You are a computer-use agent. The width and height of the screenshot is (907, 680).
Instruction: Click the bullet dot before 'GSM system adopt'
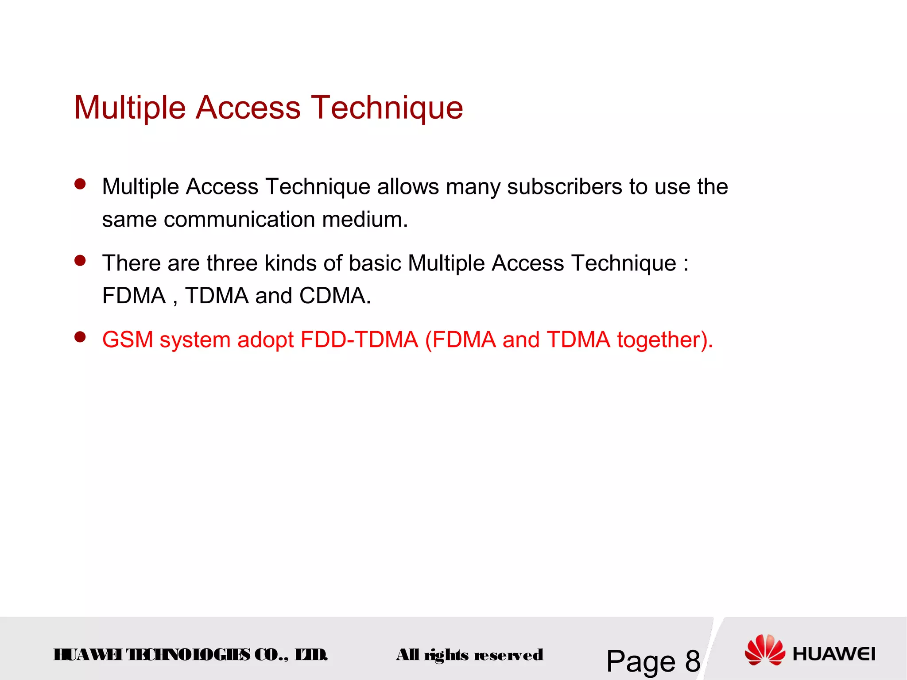(x=80, y=338)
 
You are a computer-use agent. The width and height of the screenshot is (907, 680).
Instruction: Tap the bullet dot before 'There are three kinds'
(x=80, y=261)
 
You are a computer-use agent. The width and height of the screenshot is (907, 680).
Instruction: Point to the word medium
(x=365, y=220)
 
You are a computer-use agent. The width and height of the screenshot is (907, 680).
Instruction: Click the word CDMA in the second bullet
(x=335, y=296)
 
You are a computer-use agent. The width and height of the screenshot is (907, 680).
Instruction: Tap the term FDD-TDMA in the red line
(x=359, y=340)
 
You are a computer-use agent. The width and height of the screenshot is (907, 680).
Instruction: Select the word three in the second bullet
(x=232, y=263)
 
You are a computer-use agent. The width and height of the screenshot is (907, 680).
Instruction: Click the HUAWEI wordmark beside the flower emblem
(x=834, y=654)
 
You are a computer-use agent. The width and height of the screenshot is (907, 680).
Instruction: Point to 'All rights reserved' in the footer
(x=469, y=655)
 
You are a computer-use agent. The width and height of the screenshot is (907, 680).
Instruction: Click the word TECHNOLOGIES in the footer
(x=188, y=655)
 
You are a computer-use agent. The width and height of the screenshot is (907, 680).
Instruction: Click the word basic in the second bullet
(x=375, y=263)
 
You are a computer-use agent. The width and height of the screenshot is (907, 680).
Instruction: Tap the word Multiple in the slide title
(x=130, y=108)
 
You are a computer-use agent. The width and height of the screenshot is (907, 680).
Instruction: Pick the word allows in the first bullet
(x=407, y=187)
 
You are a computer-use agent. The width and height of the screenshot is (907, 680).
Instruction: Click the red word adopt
(x=265, y=340)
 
